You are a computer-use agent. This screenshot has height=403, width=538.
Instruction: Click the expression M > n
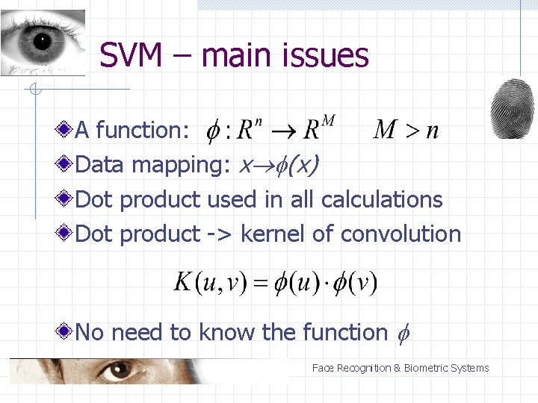pyautogui.click(x=406, y=130)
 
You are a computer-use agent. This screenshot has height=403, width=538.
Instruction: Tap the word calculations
pyautogui.click(x=382, y=199)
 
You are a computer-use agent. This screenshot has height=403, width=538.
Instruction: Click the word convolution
pyautogui.click(x=401, y=234)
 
